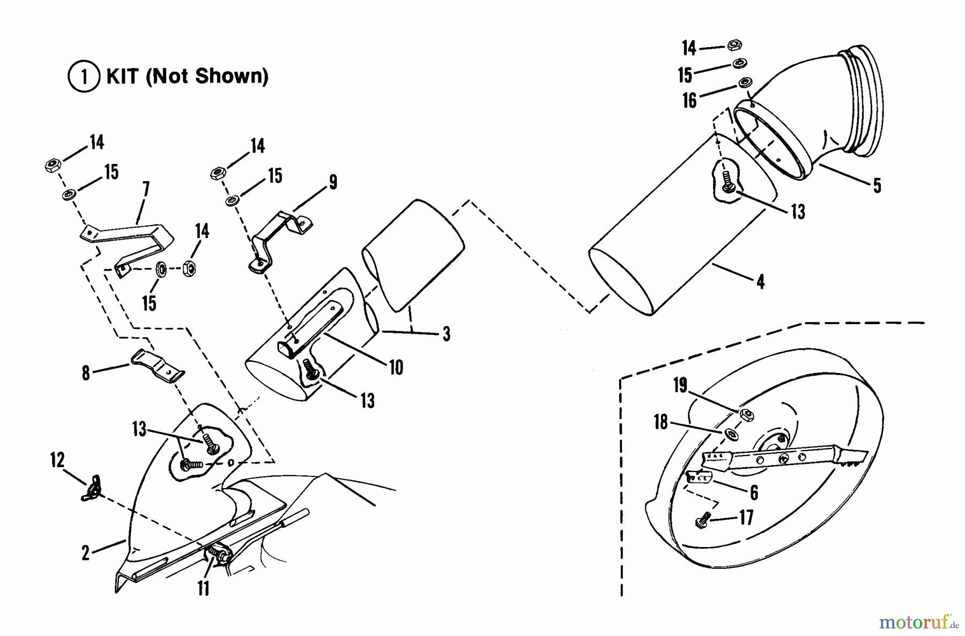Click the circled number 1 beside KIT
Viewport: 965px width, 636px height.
pos(84,77)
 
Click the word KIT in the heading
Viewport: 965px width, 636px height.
pos(124,77)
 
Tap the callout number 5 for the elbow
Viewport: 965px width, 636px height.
pos(877,185)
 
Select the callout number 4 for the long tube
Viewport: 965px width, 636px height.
pos(760,281)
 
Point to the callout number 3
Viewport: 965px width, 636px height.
pos(446,334)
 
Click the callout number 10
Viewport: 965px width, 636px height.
pos(396,368)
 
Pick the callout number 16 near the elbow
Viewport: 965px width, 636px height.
pos(689,100)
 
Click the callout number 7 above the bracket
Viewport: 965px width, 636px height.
pos(145,189)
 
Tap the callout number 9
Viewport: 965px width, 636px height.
pos(333,182)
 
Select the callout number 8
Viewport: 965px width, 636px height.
pos(86,373)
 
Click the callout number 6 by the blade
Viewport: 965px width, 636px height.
pos(754,492)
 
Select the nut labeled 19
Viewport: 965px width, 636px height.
pos(746,413)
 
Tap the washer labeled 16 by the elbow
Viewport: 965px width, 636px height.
pos(745,83)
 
